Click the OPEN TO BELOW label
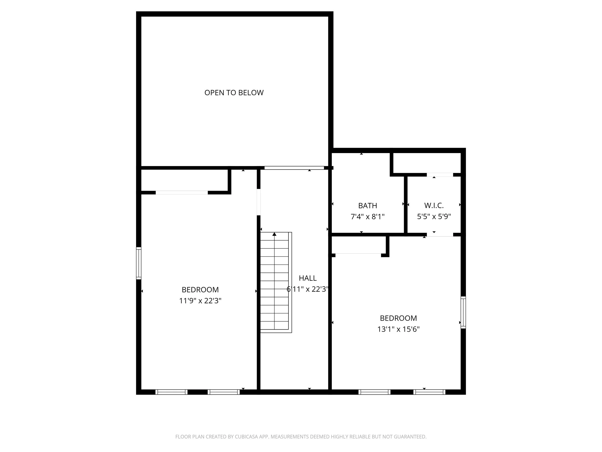(x=234, y=93)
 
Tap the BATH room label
(x=367, y=205)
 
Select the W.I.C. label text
(x=434, y=205)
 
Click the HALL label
(x=308, y=278)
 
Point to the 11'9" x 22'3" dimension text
(x=200, y=301)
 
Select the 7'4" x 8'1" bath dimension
(x=367, y=217)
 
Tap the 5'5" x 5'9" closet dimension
(x=434, y=217)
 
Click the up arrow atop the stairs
(x=274, y=234)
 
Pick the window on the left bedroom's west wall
(x=138, y=263)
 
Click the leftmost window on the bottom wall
(x=171, y=392)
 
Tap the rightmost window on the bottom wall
(x=429, y=392)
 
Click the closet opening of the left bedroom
(x=182, y=193)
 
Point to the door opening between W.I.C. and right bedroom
(x=440, y=235)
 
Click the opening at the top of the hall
(x=294, y=168)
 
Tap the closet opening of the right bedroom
(x=358, y=255)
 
